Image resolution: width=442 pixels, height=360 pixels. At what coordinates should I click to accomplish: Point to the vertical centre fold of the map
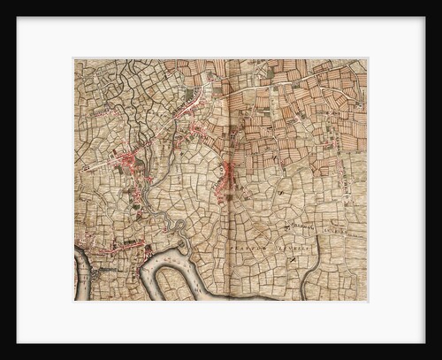227,177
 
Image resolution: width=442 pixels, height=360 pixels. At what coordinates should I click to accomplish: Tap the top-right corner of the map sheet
367,59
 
